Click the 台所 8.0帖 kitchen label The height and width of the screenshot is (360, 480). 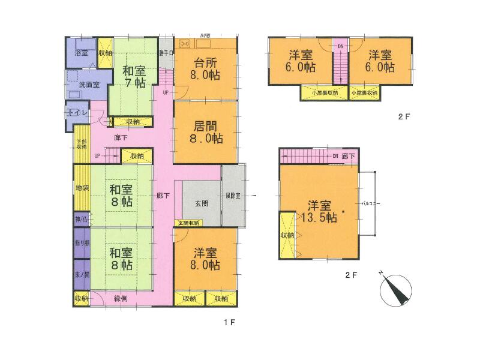click(x=205, y=69)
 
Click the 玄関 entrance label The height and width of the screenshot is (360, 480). click(x=201, y=204)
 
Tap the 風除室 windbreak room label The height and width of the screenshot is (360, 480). click(x=233, y=196)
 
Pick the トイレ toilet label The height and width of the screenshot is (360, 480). click(x=78, y=113)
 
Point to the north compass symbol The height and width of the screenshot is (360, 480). click(x=394, y=289)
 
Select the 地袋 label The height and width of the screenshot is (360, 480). click(x=82, y=188)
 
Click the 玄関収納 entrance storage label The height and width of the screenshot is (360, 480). click(x=189, y=223)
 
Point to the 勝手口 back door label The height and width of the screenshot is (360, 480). click(x=166, y=52)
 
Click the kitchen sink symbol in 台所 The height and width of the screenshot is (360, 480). click(x=184, y=44)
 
